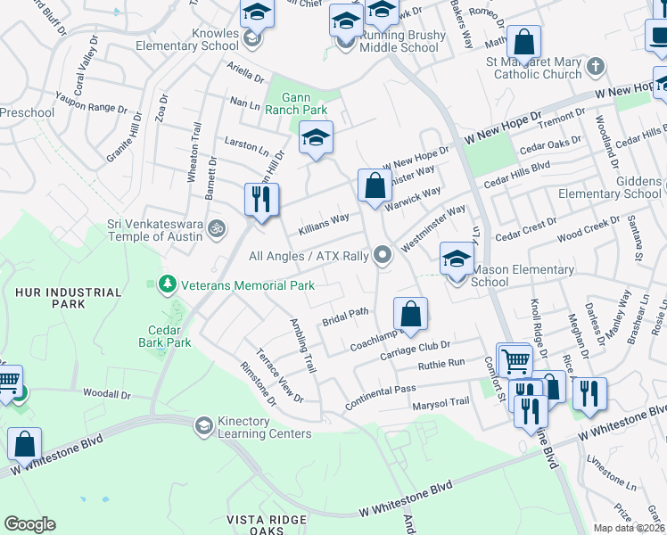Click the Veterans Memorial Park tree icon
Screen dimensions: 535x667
tap(166, 285)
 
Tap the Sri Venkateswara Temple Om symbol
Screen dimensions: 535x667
tap(214, 230)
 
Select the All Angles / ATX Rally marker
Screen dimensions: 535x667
tap(383, 256)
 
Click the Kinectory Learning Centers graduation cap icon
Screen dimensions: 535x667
tap(204, 426)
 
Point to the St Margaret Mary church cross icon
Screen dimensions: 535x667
tap(596, 68)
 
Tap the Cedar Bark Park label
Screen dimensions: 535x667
tap(165, 335)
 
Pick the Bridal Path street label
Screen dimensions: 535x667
tap(345, 316)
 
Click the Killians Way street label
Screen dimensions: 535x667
tap(323, 221)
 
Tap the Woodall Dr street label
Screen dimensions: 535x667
tap(106, 393)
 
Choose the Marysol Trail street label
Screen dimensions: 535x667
tap(441, 402)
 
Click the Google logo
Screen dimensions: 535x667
tap(29, 524)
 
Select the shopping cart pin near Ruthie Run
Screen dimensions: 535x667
tap(515, 360)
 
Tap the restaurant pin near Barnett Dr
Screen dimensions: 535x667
tap(261, 200)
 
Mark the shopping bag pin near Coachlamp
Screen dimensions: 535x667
tap(410, 313)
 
